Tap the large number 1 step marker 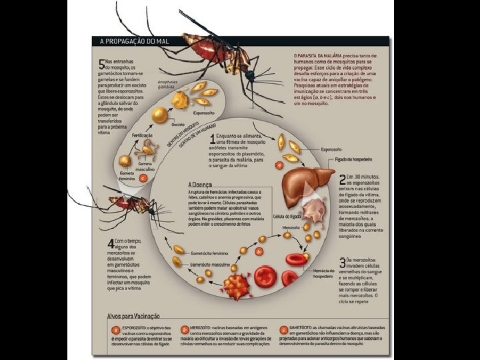[213, 141]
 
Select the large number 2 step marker [342, 179]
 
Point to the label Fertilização [143, 135]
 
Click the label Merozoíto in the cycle [291, 227]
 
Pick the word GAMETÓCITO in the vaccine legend [306, 329]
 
